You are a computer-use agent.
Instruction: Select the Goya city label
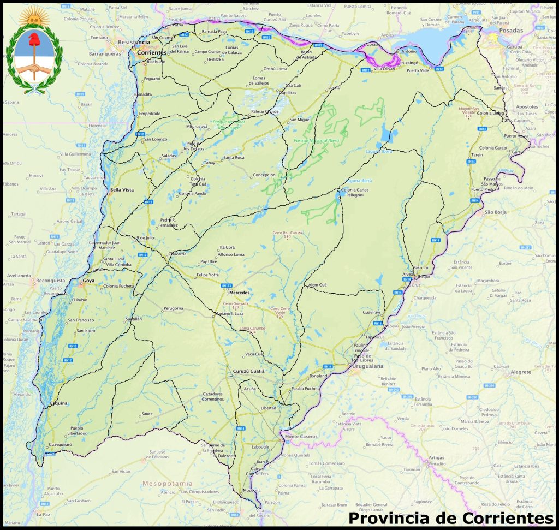pos(88,281)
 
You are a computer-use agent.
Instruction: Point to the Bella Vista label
pos(121,190)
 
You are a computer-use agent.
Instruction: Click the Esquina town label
pos(58,403)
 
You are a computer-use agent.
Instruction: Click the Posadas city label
pos(510,31)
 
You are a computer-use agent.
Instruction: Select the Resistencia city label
pos(134,42)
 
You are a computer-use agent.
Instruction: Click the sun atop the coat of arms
pos(34,15)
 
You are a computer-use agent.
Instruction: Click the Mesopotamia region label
pos(167,484)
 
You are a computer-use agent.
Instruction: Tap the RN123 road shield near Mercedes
pos(227,285)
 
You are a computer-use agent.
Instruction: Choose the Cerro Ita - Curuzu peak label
pos(288,233)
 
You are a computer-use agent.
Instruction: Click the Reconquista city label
pos(50,281)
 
